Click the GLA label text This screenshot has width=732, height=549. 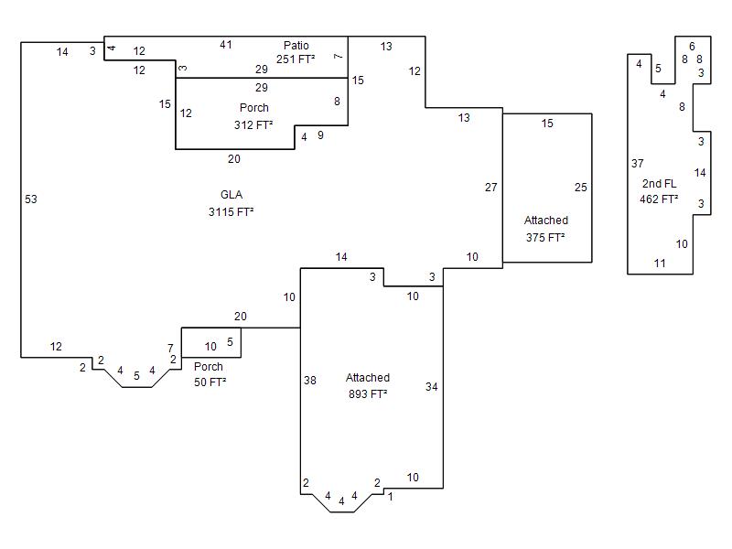click(x=231, y=195)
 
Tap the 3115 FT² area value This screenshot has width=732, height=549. click(x=231, y=211)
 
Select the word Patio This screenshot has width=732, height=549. click(x=296, y=46)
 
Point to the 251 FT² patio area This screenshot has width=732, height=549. click(x=296, y=59)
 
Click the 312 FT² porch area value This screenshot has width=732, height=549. click(x=254, y=125)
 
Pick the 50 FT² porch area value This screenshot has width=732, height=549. click(x=210, y=382)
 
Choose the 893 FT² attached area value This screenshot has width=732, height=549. click(x=368, y=394)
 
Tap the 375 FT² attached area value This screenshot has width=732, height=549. click(x=545, y=238)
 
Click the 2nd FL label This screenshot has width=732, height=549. click(x=659, y=184)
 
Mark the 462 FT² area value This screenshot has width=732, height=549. click(x=659, y=199)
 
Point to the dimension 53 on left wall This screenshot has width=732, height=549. click(x=31, y=199)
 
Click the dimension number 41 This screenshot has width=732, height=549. click(x=226, y=44)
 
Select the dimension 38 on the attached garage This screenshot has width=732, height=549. click(x=310, y=381)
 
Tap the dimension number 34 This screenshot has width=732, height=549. click(x=432, y=387)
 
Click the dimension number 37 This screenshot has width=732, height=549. click(x=638, y=164)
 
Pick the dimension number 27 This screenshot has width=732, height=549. click(x=491, y=188)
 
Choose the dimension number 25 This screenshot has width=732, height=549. click(x=581, y=188)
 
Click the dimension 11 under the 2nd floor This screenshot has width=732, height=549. click(x=660, y=264)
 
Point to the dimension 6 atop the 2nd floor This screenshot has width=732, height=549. click(x=692, y=46)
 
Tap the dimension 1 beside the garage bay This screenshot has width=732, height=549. click(x=390, y=497)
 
